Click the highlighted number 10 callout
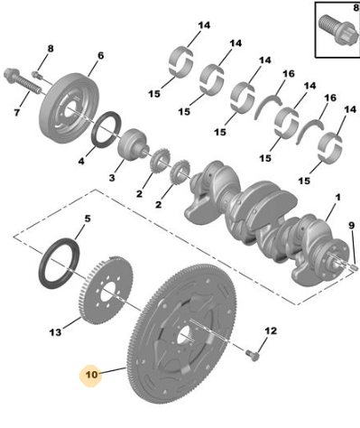pyautogui.click(x=92, y=375)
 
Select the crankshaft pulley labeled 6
pyautogui.click(x=69, y=107)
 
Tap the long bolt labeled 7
pyautogui.click(x=22, y=80)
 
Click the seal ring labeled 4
pyautogui.click(x=106, y=128)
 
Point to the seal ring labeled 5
pyautogui.click(x=60, y=263)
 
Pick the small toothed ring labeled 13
pyautogui.click(x=106, y=290)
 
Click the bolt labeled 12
pyautogui.click(x=252, y=355)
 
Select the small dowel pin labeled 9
pyautogui.click(x=354, y=266)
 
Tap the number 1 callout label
pyautogui.click(x=338, y=198)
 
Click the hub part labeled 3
pyautogui.click(x=133, y=144)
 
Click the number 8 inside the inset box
pyautogui.click(x=355, y=7)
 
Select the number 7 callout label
pyautogui.click(x=16, y=113)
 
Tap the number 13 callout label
pyautogui.click(x=55, y=332)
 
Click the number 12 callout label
pyautogui.click(x=271, y=331)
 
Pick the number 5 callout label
pyautogui.click(x=88, y=219)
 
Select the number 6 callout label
pyautogui.click(x=100, y=56)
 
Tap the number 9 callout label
pyautogui.click(x=352, y=225)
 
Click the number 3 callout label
pyautogui.click(x=112, y=178)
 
